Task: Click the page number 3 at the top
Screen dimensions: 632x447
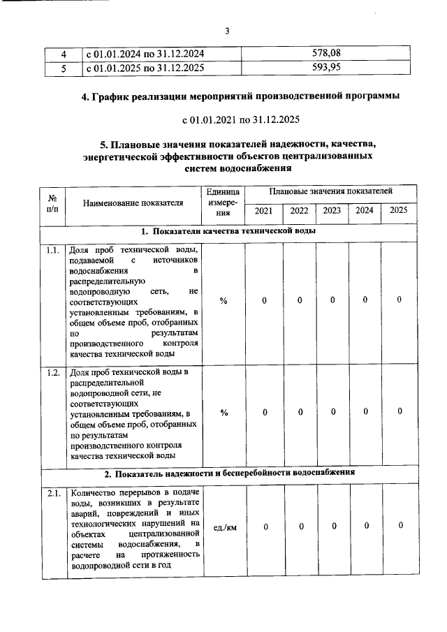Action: click(x=227, y=31)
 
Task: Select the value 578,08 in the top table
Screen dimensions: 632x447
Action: click(x=330, y=53)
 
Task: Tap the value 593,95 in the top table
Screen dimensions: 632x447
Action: click(x=330, y=67)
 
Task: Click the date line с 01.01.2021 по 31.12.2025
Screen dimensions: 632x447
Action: click(x=227, y=119)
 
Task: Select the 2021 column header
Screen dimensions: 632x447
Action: click(x=264, y=210)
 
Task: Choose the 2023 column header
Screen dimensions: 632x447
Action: click(x=332, y=210)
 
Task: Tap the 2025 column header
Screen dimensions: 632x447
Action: click(x=399, y=210)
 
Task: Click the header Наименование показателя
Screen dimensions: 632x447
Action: click(x=133, y=203)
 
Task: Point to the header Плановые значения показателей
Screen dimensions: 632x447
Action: click(x=331, y=191)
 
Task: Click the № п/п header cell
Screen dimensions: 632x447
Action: click(x=52, y=203)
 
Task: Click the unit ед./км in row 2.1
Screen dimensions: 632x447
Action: click(x=223, y=527)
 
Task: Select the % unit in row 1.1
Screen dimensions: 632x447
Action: click(x=223, y=300)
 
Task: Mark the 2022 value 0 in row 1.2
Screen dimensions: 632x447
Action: click(x=299, y=412)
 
